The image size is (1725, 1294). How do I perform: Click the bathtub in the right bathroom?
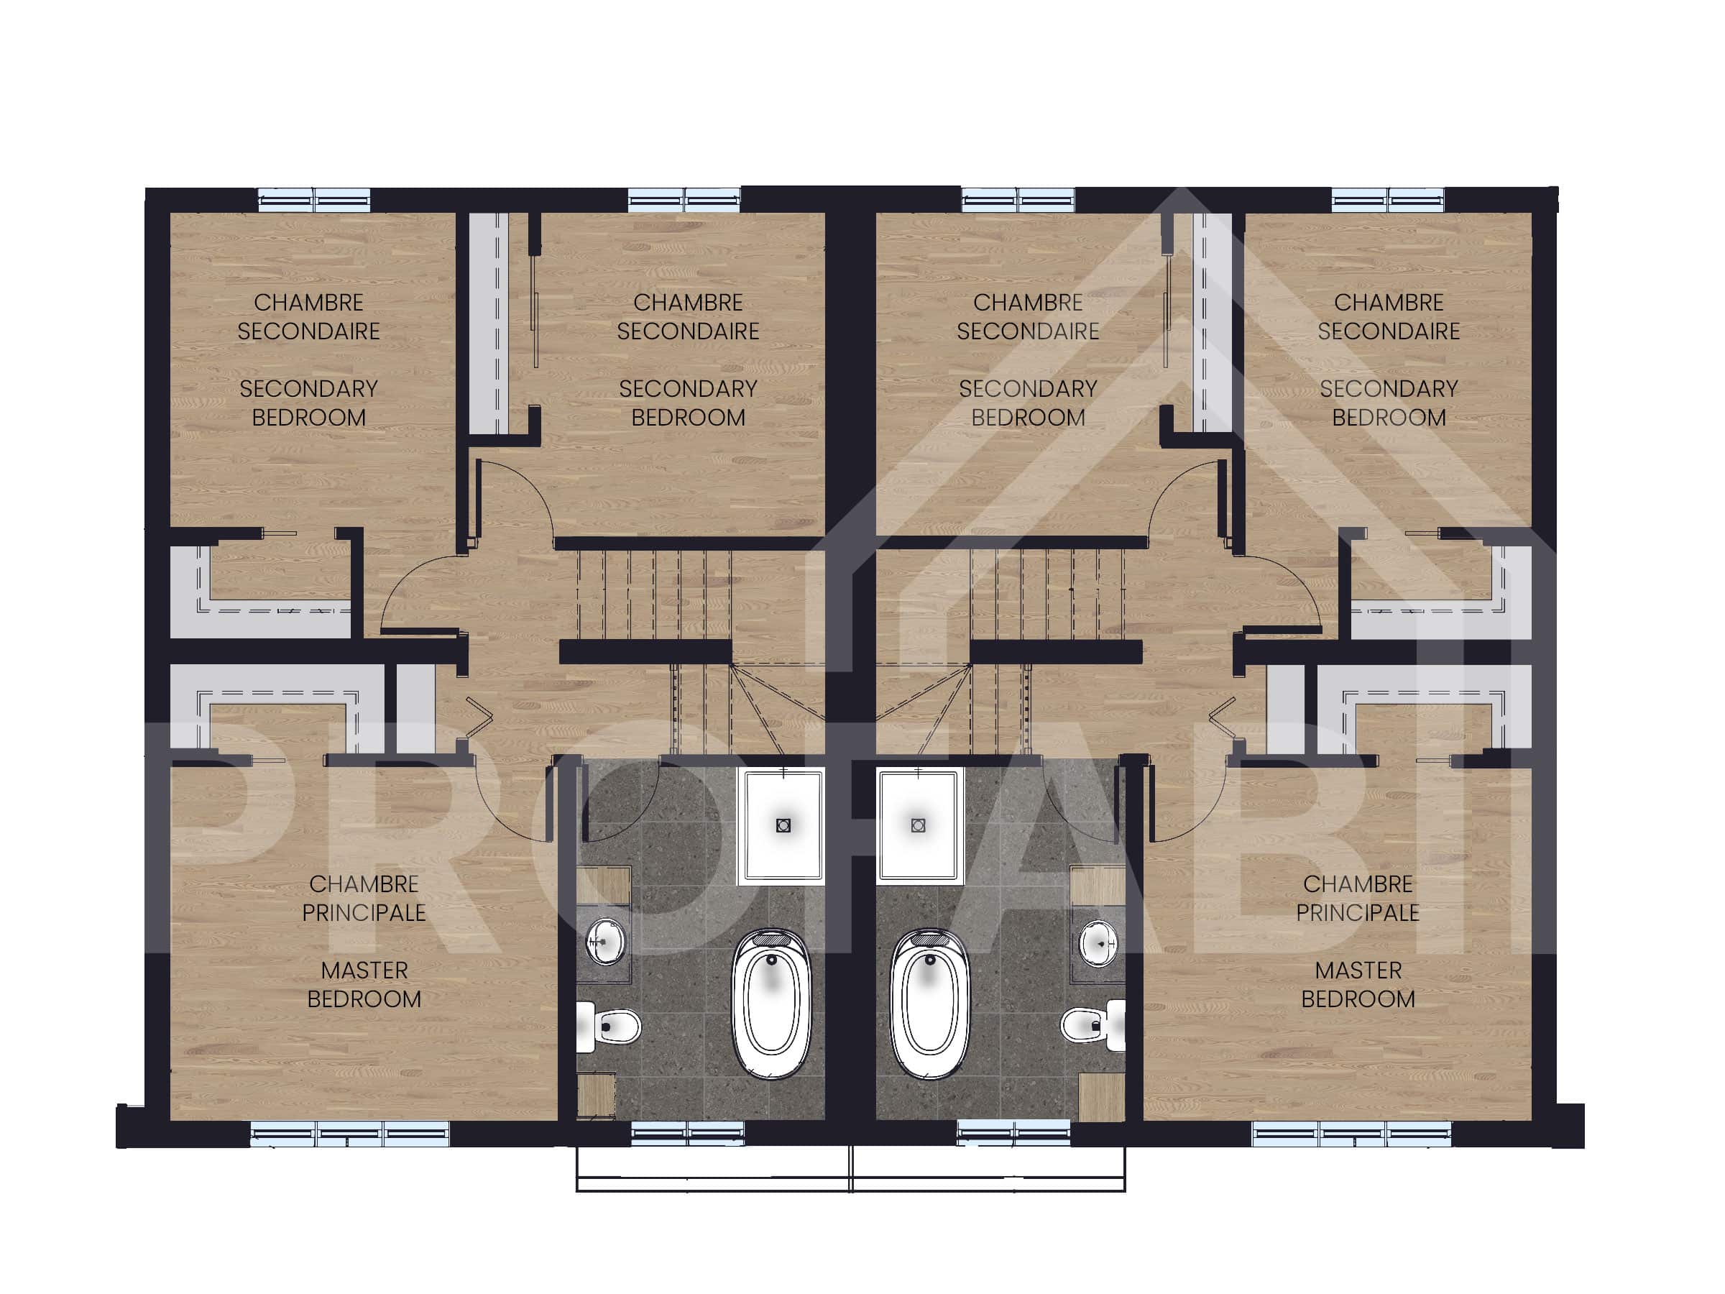click(x=929, y=1004)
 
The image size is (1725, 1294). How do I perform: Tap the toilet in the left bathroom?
click(x=608, y=1026)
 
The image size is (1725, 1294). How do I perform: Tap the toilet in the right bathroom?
click(x=1093, y=1026)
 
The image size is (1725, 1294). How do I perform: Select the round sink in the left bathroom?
click(x=605, y=942)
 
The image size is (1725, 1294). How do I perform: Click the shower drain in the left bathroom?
click(x=783, y=825)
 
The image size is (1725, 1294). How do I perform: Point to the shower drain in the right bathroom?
click(x=918, y=825)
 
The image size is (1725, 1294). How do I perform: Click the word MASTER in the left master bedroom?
click(x=364, y=970)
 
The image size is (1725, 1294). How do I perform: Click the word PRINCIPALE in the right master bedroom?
click(x=1358, y=912)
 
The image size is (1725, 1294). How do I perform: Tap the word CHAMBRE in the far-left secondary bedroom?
click(x=309, y=303)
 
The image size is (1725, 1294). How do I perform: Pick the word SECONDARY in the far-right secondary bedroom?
click(x=1389, y=388)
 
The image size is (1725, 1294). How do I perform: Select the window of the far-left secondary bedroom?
click(x=314, y=200)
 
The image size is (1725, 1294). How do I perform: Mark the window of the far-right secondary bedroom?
click(x=1388, y=200)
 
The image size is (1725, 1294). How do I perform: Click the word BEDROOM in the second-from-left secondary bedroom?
click(x=688, y=417)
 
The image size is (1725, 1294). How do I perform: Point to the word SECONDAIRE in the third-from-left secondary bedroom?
click(x=1028, y=331)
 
